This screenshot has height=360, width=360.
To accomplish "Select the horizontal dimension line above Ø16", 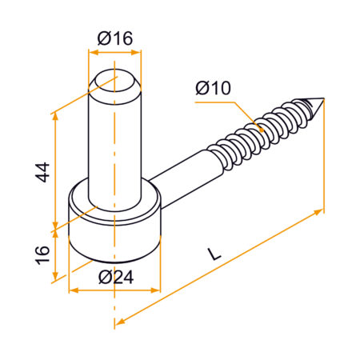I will coord(114,50).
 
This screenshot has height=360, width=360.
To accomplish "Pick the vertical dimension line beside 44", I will coord(54,172).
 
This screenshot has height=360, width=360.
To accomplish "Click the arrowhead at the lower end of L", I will coord(119,322).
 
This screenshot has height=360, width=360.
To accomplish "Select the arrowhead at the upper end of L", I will coord(321,211).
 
